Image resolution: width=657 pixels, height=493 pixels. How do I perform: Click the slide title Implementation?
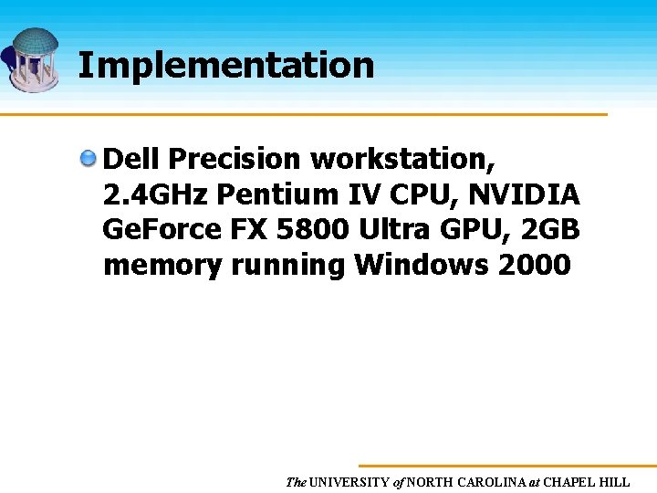[225, 66]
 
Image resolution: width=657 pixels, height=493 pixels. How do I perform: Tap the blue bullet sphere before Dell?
[89, 160]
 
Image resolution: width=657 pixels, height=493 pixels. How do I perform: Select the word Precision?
[235, 159]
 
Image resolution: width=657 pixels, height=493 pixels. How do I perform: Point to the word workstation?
[403, 159]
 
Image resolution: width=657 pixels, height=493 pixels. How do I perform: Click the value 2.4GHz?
[155, 194]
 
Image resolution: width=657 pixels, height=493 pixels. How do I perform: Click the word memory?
[162, 266]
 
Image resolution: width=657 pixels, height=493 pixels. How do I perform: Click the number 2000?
[534, 266]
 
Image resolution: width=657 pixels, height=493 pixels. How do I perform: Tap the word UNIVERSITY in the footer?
[349, 482]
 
